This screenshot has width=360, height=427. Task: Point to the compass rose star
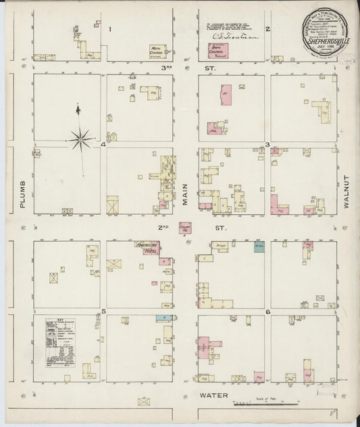[80, 139]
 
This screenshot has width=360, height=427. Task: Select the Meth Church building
[159, 50]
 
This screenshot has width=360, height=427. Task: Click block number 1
[109, 29]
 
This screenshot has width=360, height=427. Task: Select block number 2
[267, 29]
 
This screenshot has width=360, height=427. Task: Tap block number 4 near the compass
[103, 145]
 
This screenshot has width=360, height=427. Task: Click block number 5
[103, 311]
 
